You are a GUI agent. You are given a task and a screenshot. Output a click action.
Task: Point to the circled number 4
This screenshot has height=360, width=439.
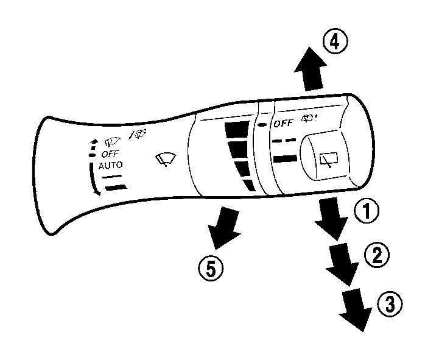335,42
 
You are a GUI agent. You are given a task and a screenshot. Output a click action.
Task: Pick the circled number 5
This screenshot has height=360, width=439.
210,268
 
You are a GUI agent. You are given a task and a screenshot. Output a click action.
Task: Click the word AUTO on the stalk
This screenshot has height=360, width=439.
110,165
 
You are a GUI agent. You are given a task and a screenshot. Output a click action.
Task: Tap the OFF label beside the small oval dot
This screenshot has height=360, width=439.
283,124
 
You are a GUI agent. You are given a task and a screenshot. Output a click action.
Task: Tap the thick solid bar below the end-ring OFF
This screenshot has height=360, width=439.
286,160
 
